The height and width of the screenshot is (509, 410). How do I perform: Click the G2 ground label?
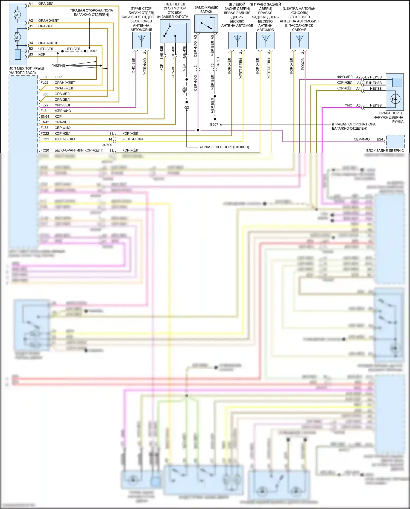[186, 108]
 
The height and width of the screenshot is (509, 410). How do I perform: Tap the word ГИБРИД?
[58, 66]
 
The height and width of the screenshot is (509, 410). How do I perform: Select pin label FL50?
[44, 77]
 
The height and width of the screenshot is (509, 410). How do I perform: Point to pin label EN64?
[45, 117]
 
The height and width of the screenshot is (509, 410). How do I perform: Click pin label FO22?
[45, 133]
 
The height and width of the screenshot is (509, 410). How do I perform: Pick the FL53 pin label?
[44, 128]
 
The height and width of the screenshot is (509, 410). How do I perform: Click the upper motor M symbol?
[17, 15]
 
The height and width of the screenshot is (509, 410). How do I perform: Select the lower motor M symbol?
[17, 37]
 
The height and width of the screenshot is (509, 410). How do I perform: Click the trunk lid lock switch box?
[206, 24]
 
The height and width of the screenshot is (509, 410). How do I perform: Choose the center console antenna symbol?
[300, 40]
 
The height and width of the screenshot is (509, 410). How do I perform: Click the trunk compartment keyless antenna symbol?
[141, 40]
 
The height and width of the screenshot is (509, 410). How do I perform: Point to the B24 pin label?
[380, 139]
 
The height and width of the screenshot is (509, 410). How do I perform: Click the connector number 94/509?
[107, 145]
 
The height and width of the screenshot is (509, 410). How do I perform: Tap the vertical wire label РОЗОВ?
[303, 64]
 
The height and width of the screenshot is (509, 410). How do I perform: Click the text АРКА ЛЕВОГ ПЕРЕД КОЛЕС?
[224, 147]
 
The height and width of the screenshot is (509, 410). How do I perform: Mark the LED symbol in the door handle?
[395, 99]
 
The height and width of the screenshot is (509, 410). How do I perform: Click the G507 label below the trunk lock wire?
[214, 124]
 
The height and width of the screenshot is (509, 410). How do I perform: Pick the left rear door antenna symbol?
[238, 40]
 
